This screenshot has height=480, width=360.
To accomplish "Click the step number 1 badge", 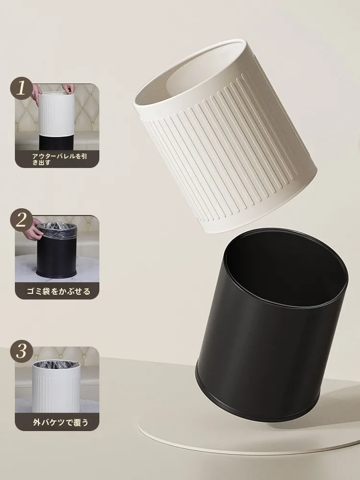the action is click(x=21, y=88).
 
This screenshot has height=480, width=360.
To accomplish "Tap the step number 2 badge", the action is click(x=21, y=220).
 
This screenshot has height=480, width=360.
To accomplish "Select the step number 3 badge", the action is click(x=21, y=351).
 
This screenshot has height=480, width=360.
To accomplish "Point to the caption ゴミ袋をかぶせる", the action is click(x=59, y=291).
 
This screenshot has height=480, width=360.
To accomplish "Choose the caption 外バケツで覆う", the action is click(x=60, y=422).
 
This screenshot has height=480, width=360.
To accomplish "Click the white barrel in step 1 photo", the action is click(x=56, y=114).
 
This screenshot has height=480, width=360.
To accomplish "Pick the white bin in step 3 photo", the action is click(x=56, y=387).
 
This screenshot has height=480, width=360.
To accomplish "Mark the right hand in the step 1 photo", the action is click(x=69, y=88).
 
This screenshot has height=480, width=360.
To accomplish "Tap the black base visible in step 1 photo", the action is click(x=56, y=143).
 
